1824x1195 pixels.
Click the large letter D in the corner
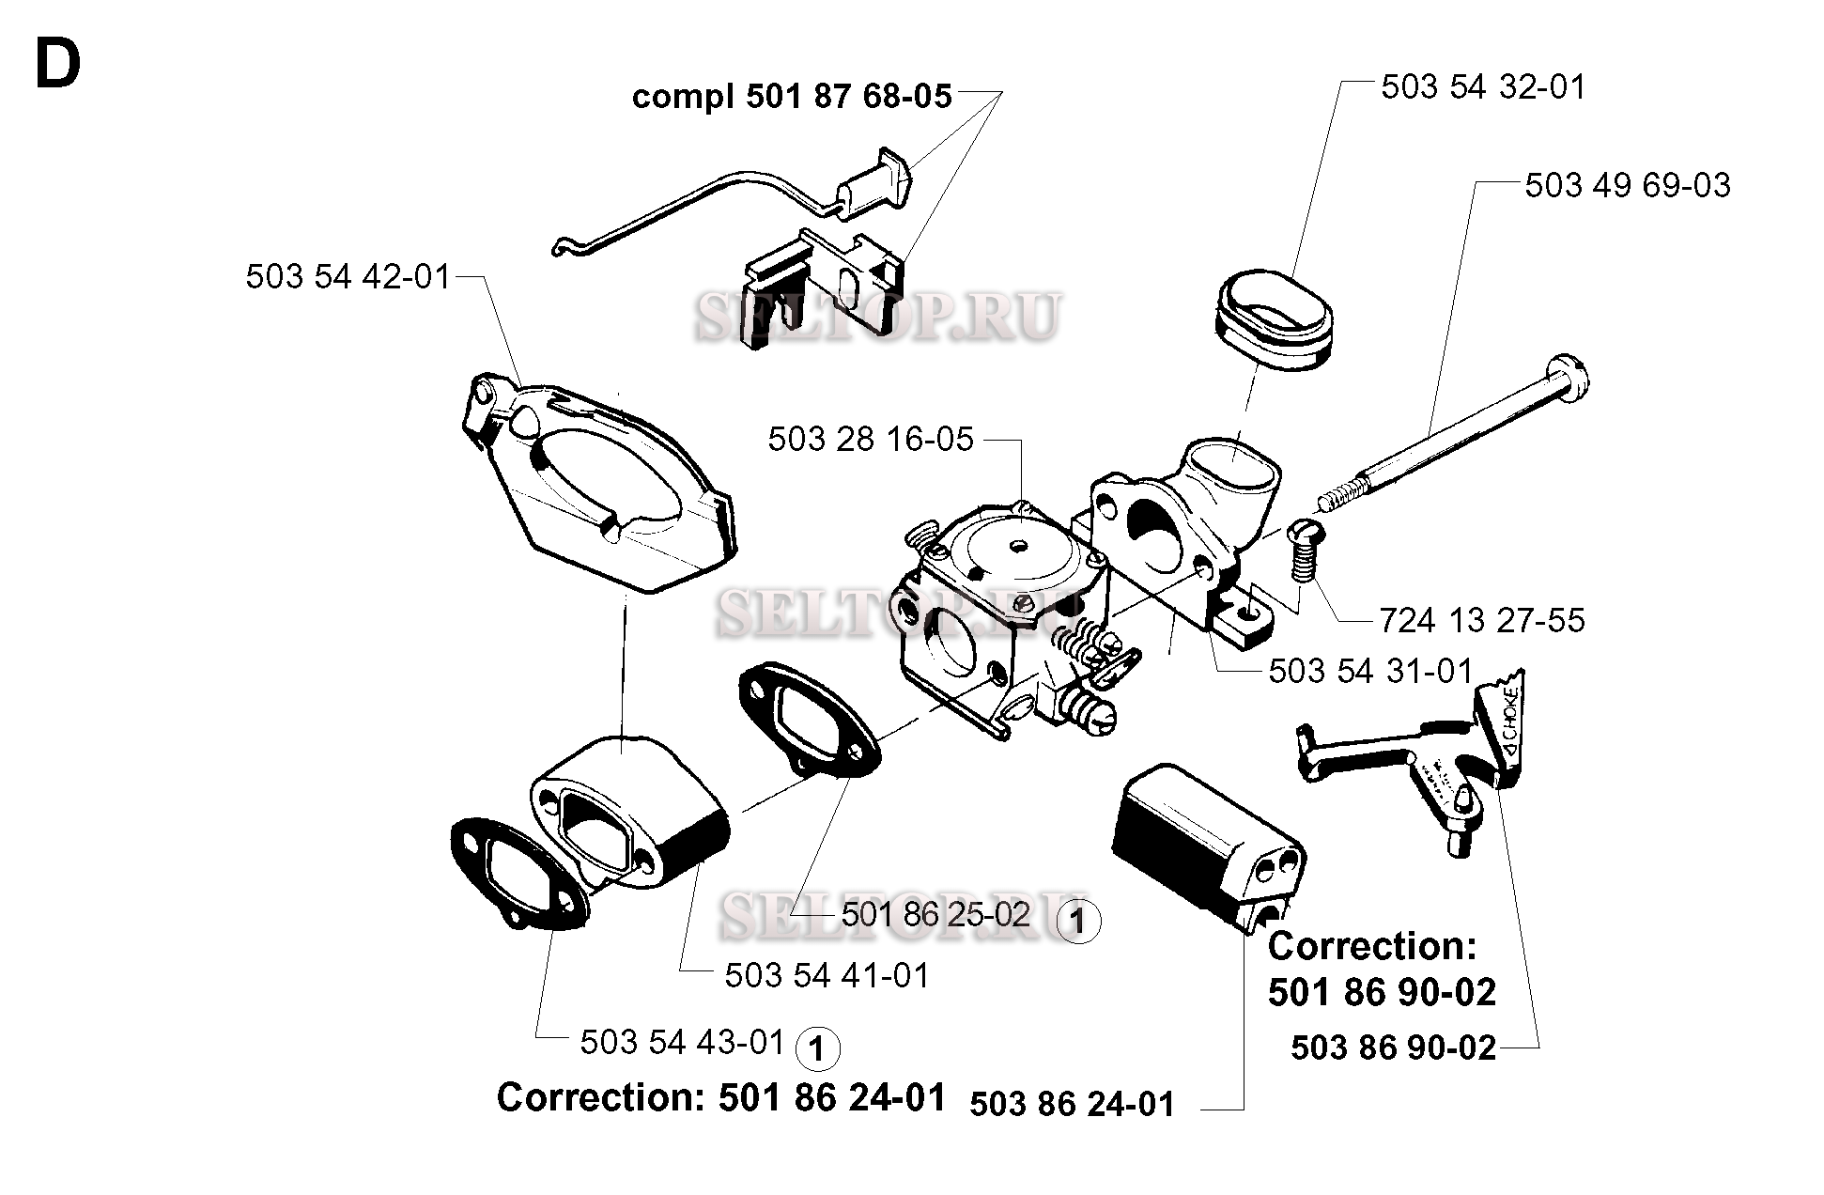(x=58, y=66)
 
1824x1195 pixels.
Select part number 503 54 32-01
(x=1483, y=87)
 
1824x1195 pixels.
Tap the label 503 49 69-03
(x=1628, y=185)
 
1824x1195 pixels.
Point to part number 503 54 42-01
(x=349, y=277)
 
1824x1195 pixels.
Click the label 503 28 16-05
(x=871, y=439)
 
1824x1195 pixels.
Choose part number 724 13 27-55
(x=1482, y=620)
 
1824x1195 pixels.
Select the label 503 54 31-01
(x=1371, y=671)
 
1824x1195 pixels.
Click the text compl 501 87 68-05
(x=792, y=97)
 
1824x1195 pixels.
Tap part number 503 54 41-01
(x=827, y=975)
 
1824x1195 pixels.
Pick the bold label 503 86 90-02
(x=1394, y=1048)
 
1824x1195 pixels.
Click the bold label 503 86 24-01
(x=1073, y=1104)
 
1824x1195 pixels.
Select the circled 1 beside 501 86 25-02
(x=1078, y=922)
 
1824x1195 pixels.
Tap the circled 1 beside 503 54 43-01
(x=817, y=1048)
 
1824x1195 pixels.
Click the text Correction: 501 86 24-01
(x=721, y=1097)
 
